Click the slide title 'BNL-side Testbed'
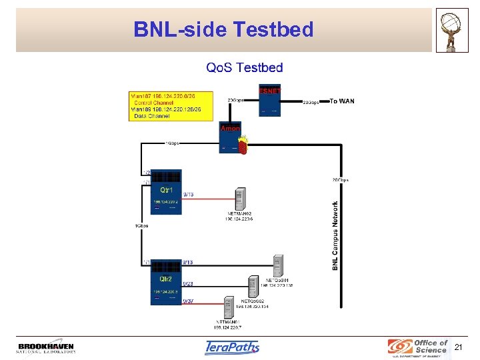(x=223, y=29)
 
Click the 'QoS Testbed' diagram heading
(x=244, y=67)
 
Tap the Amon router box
(x=229, y=138)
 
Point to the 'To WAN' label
(x=343, y=101)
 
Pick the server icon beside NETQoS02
(x=253, y=287)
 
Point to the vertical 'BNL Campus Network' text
(x=335, y=236)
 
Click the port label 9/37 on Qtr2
(x=188, y=301)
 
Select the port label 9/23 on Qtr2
(x=188, y=284)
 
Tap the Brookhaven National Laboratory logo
(x=46, y=347)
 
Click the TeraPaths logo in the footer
(x=231, y=347)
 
